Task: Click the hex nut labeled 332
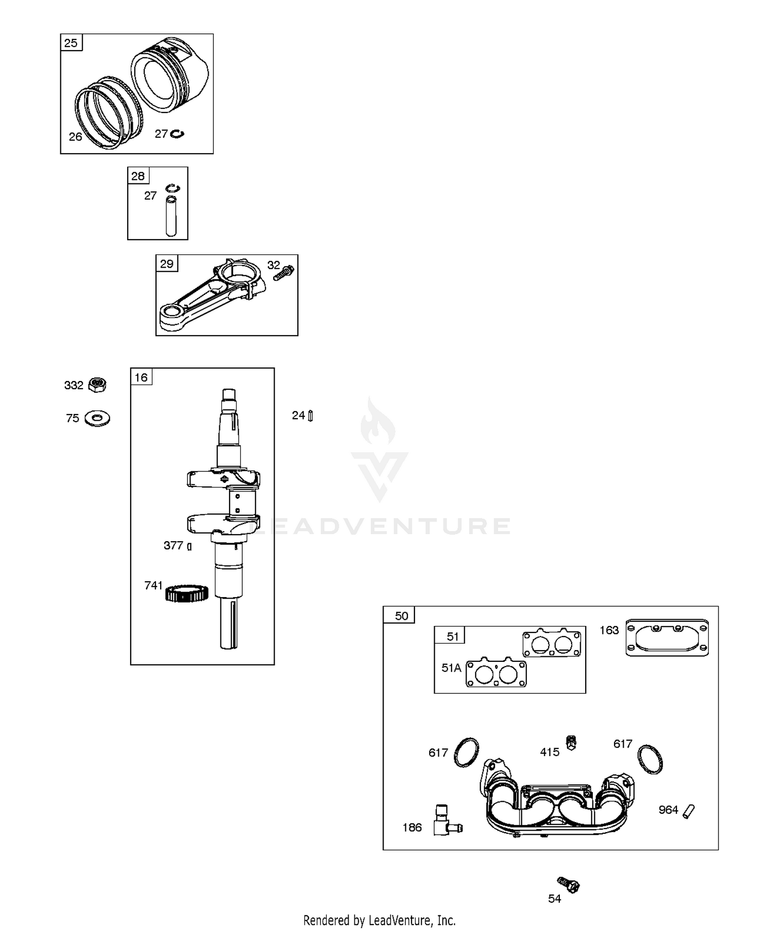click(97, 385)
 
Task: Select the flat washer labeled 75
click(98, 419)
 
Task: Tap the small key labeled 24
click(311, 416)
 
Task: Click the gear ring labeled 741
click(187, 593)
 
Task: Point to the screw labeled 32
click(284, 273)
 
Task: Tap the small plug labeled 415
click(571, 743)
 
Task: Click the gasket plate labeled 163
click(667, 638)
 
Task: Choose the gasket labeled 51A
click(496, 674)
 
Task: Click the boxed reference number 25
click(71, 43)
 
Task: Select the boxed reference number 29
click(167, 264)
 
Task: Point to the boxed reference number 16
click(141, 377)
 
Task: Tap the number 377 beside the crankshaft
click(173, 545)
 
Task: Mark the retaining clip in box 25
click(177, 134)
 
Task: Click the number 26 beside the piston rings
click(75, 137)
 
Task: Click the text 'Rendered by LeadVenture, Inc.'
click(379, 920)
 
